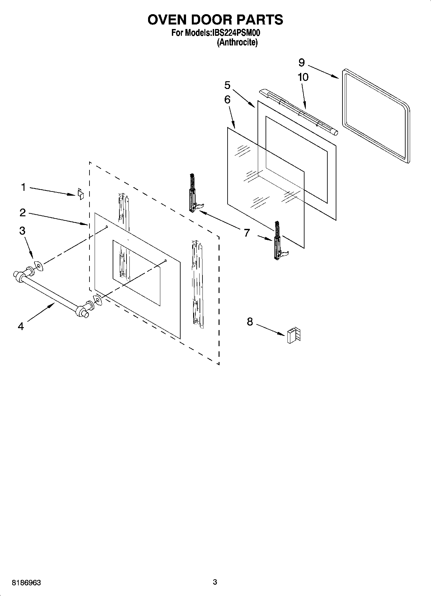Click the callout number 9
tap(302, 62)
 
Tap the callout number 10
tap(303, 77)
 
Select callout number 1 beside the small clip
tap(23, 187)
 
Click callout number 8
tap(250, 322)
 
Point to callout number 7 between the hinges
tap(247, 232)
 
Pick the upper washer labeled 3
tap(39, 266)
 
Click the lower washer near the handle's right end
tap(98, 300)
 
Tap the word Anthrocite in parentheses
tap(237, 42)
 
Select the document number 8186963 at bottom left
tap(26, 583)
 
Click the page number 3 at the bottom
tap(215, 582)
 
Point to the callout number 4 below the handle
tap(21, 326)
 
